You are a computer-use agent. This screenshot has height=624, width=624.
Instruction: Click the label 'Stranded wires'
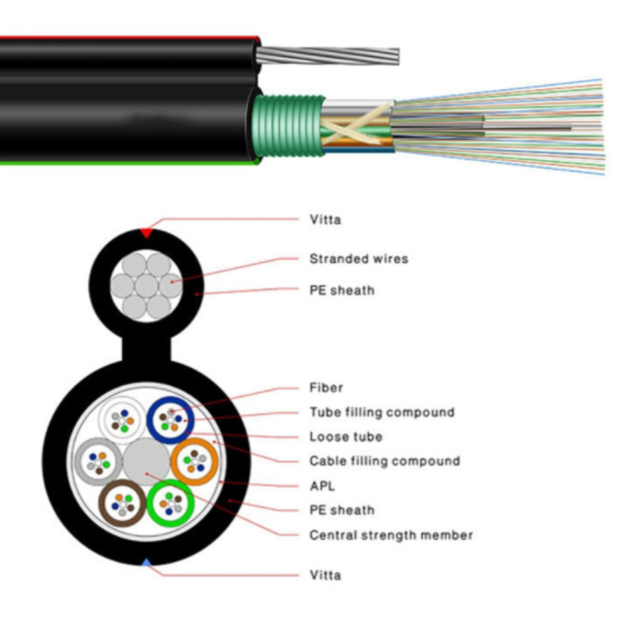[359, 259]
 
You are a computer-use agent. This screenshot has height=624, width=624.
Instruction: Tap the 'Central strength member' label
[392, 535]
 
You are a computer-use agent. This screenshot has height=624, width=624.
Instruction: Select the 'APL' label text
[322, 486]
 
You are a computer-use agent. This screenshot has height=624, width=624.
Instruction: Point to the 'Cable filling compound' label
[384, 461]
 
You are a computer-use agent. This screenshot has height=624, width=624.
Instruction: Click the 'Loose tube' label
[346, 436]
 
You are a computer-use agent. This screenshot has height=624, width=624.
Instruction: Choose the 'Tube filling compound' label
[382, 412]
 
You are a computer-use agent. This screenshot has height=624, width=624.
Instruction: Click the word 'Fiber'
[326, 387]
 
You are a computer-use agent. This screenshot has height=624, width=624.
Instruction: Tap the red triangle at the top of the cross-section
[146, 232]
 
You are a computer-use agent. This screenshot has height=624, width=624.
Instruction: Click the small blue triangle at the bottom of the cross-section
[146, 563]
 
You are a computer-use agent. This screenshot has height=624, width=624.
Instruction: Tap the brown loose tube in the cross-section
[102, 503]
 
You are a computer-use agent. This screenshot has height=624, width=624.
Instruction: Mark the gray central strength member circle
[146, 461]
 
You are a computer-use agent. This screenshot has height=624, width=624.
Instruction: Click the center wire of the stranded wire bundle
[146, 286]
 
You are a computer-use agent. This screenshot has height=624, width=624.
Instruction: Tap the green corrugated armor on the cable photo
[288, 126]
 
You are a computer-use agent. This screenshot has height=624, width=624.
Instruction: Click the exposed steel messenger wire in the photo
[327, 56]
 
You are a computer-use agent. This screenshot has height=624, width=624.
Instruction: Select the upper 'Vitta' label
[325, 219]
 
